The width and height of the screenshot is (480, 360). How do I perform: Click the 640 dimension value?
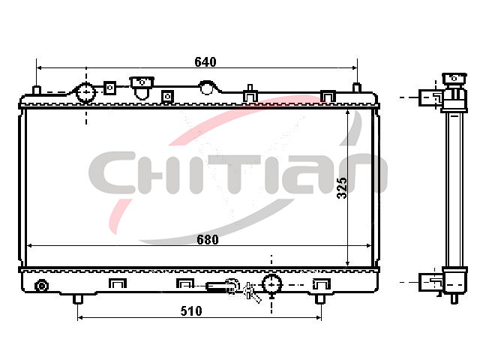click(205, 62)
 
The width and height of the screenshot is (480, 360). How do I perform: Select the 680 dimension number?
click(208, 240)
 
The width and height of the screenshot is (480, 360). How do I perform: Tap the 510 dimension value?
click(191, 311)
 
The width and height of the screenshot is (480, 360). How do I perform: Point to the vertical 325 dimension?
click(342, 188)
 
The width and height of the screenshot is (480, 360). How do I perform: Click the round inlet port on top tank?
click(85, 91)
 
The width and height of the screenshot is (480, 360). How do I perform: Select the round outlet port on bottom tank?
click(271, 284)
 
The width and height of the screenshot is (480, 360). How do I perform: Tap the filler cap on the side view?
click(454, 79)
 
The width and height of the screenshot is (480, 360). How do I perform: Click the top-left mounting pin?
click(37, 91)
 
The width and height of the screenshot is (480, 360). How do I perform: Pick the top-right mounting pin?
click(357, 88)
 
